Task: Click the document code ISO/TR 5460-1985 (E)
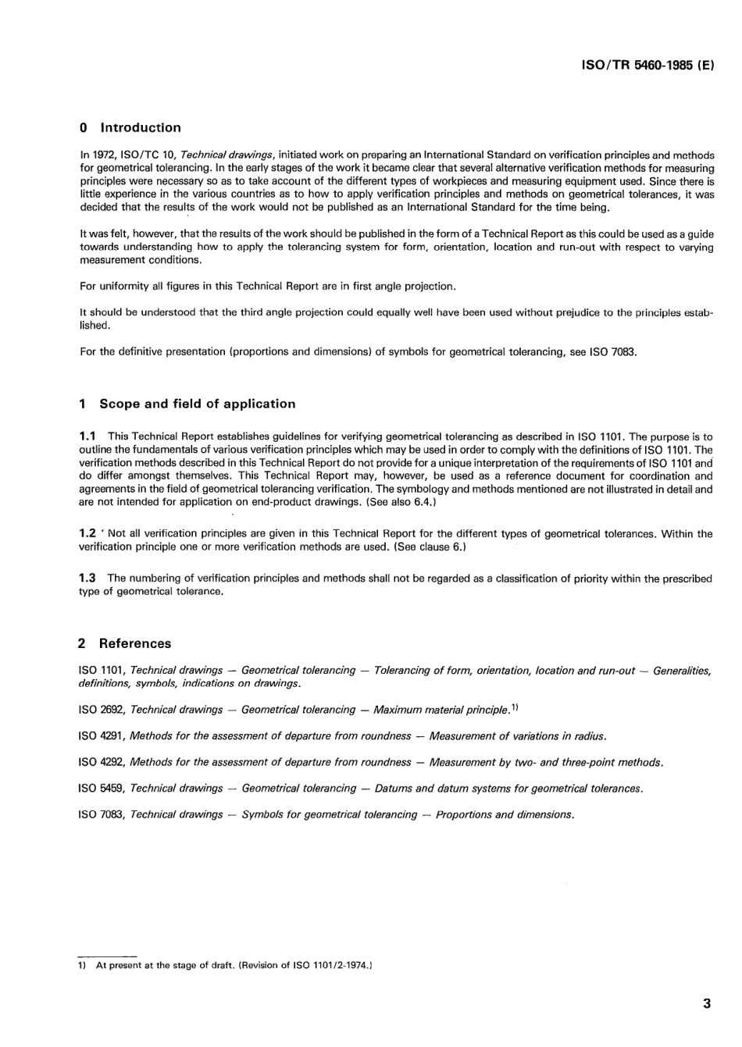pos(648,67)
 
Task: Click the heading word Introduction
pos(141,128)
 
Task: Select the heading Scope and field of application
pos(197,404)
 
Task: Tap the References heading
pos(134,644)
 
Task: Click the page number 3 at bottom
pos(707,1004)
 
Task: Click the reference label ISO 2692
pos(102,710)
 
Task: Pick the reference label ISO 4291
pos(102,736)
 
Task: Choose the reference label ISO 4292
pos(102,762)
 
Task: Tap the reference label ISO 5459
pos(102,789)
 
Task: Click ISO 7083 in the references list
pos(102,815)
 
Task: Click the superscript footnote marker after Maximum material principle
pos(515,707)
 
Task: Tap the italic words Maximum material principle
pos(441,710)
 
